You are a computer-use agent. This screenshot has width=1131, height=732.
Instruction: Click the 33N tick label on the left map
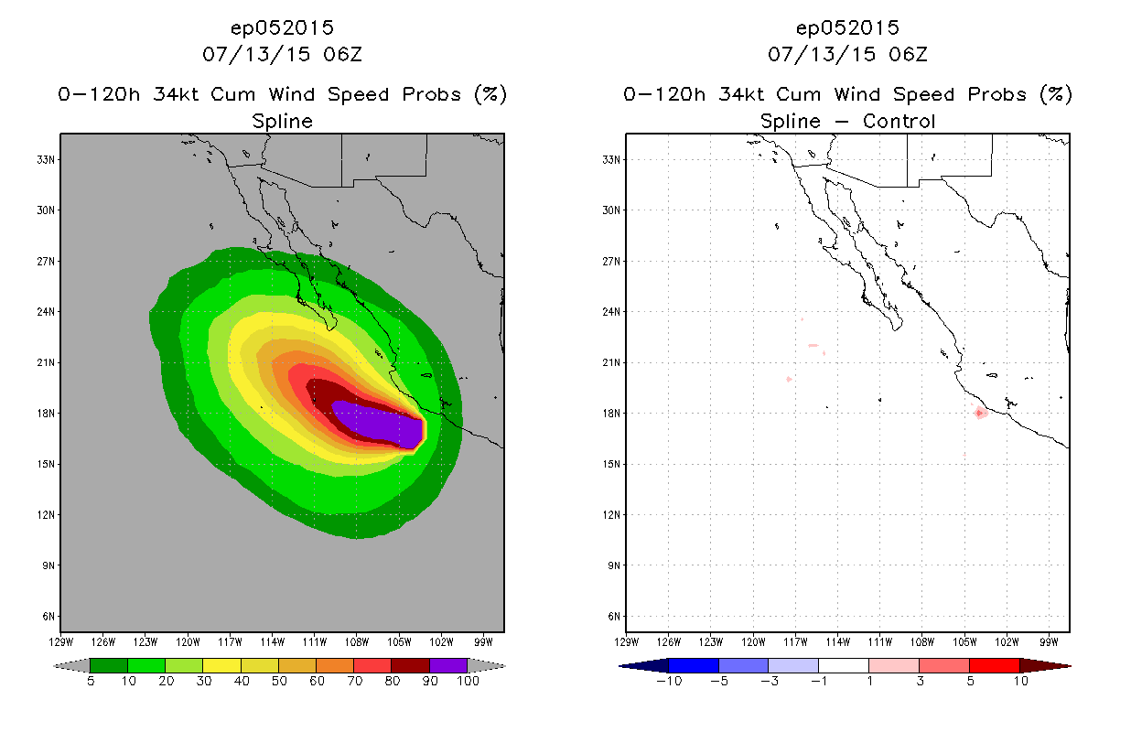click(x=46, y=160)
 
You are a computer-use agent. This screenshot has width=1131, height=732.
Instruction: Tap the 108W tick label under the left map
click(x=357, y=642)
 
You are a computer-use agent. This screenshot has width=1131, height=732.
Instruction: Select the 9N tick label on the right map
click(x=614, y=565)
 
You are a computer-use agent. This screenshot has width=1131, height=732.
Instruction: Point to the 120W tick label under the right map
click(x=753, y=642)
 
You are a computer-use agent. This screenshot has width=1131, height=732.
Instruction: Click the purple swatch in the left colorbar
click(x=448, y=665)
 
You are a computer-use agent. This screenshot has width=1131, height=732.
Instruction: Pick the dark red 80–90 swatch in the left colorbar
click(x=411, y=665)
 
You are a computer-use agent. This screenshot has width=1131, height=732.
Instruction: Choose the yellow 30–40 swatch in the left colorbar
click(x=221, y=665)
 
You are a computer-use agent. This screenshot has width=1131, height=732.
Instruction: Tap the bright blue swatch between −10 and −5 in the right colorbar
click(x=694, y=665)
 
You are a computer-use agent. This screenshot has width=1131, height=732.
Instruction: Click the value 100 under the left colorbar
click(x=468, y=681)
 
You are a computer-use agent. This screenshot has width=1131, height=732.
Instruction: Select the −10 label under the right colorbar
click(x=669, y=681)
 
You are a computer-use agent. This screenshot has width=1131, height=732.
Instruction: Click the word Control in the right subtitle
click(x=899, y=121)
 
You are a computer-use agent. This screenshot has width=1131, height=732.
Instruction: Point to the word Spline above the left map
click(x=282, y=122)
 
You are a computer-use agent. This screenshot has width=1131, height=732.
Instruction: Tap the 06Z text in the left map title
click(x=343, y=54)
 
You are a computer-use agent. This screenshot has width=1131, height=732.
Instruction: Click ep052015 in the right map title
click(x=847, y=27)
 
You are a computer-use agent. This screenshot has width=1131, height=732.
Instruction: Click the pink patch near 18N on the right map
click(x=981, y=413)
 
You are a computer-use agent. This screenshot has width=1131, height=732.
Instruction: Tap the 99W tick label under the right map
click(x=1049, y=642)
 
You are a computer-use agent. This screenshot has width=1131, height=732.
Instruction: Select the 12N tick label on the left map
click(x=46, y=515)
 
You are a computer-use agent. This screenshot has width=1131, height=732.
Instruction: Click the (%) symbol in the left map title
click(x=490, y=94)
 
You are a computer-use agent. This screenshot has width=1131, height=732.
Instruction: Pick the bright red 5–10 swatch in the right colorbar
click(x=995, y=665)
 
